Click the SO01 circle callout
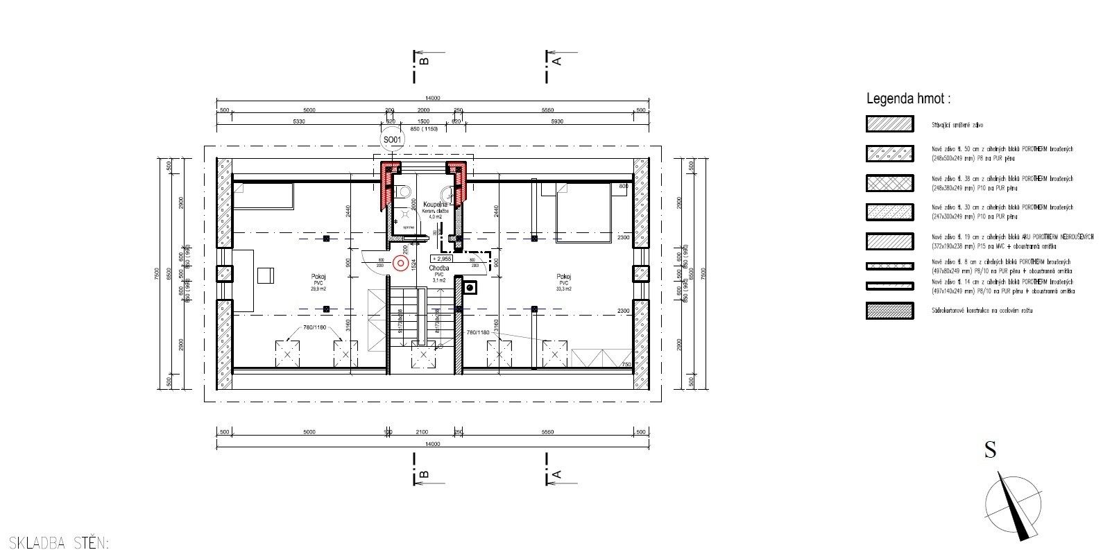pyautogui.click(x=393, y=140)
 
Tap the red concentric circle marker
pyautogui.click(x=400, y=263)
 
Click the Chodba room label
pyautogui.click(x=438, y=268)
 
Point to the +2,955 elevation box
pyautogui.click(x=441, y=258)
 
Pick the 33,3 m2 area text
pyautogui.click(x=563, y=289)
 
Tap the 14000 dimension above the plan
pyautogui.click(x=433, y=98)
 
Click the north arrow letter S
pyautogui.click(x=990, y=451)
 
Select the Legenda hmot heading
pyautogui.click(x=908, y=99)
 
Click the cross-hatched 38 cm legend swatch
pyautogui.click(x=889, y=182)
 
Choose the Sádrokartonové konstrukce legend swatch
pyautogui.click(x=889, y=311)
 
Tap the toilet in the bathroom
pyautogui.click(x=402, y=193)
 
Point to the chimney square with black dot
pyautogui.click(x=471, y=286)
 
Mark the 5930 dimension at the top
pyautogui.click(x=557, y=121)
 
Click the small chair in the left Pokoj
pyautogui.click(x=265, y=275)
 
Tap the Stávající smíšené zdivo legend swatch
pyautogui.click(x=889, y=124)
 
